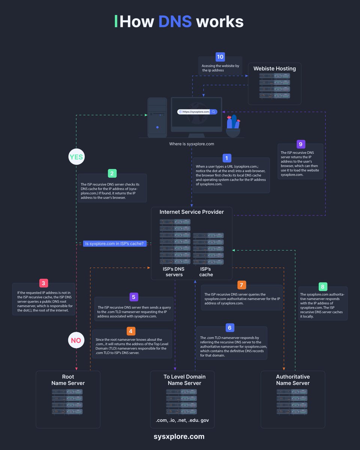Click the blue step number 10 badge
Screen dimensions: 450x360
tap(220, 57)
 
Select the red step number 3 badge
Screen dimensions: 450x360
tap(43, 283)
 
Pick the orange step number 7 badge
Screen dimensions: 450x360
tap(242, 285)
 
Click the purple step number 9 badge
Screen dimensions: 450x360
tap(300, 144)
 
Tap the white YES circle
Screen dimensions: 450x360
tap(76, 157)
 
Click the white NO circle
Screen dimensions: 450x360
tap(76, 340)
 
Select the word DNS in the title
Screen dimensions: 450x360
tap(175, 22)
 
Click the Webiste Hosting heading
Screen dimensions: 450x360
tap(274, 69)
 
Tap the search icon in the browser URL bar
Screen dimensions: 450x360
tap(213, 112)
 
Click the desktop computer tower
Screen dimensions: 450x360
tap(157, 117)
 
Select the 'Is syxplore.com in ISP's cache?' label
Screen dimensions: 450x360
tap(114, 243)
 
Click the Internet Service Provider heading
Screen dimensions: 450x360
tap(192, 212)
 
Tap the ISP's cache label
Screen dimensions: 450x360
tap(206, 272)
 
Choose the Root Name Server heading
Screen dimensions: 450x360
tap(68, 380)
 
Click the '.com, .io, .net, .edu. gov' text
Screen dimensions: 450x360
tap(182, 420)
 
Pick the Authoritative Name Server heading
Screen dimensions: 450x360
tap(293, 380)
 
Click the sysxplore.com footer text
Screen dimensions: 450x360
tap(179, 436)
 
